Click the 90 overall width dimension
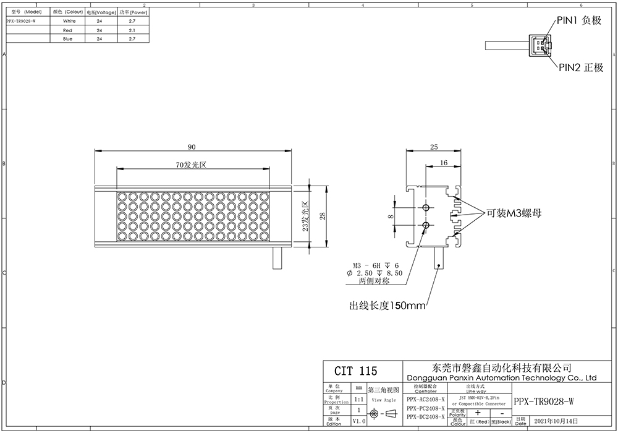point(192,147)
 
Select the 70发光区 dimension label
point(192,165)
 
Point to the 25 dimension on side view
point(433,147)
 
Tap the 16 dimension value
point(444,162)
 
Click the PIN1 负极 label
point(579,20)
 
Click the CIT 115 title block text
point(355,371)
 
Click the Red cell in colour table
point(68,30)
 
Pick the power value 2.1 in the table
point(132,30)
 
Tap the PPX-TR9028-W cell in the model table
point(20,20)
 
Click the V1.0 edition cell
point(358,421)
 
